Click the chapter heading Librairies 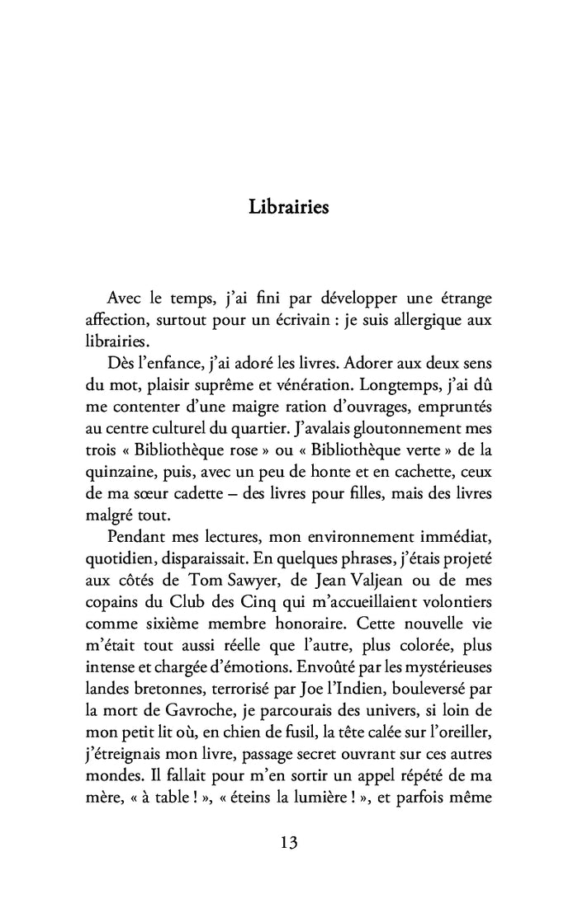tap(288, 206)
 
